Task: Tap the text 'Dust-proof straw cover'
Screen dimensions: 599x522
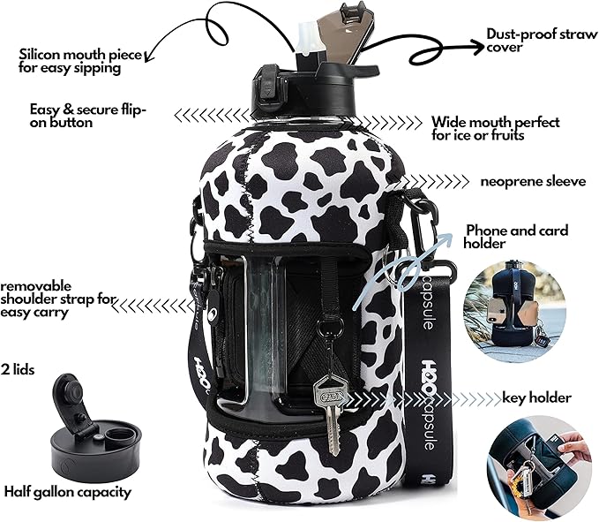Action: point(542,40)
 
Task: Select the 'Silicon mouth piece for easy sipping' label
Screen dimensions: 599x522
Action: point(80,61)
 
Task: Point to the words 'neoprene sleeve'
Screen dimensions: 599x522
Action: point(533,181)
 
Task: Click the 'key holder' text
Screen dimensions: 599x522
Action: point(536,398)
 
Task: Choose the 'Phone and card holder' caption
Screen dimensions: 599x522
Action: point(516,237)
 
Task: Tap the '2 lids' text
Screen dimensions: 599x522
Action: point(18,370)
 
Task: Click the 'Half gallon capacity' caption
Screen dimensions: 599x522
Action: point(68,492)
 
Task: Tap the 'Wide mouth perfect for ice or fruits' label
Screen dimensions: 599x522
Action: point(496,128)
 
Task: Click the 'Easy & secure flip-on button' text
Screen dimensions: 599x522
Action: point(88,116)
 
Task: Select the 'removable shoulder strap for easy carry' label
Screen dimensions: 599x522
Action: point(58,299)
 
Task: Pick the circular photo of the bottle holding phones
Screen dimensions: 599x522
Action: point(514,311)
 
